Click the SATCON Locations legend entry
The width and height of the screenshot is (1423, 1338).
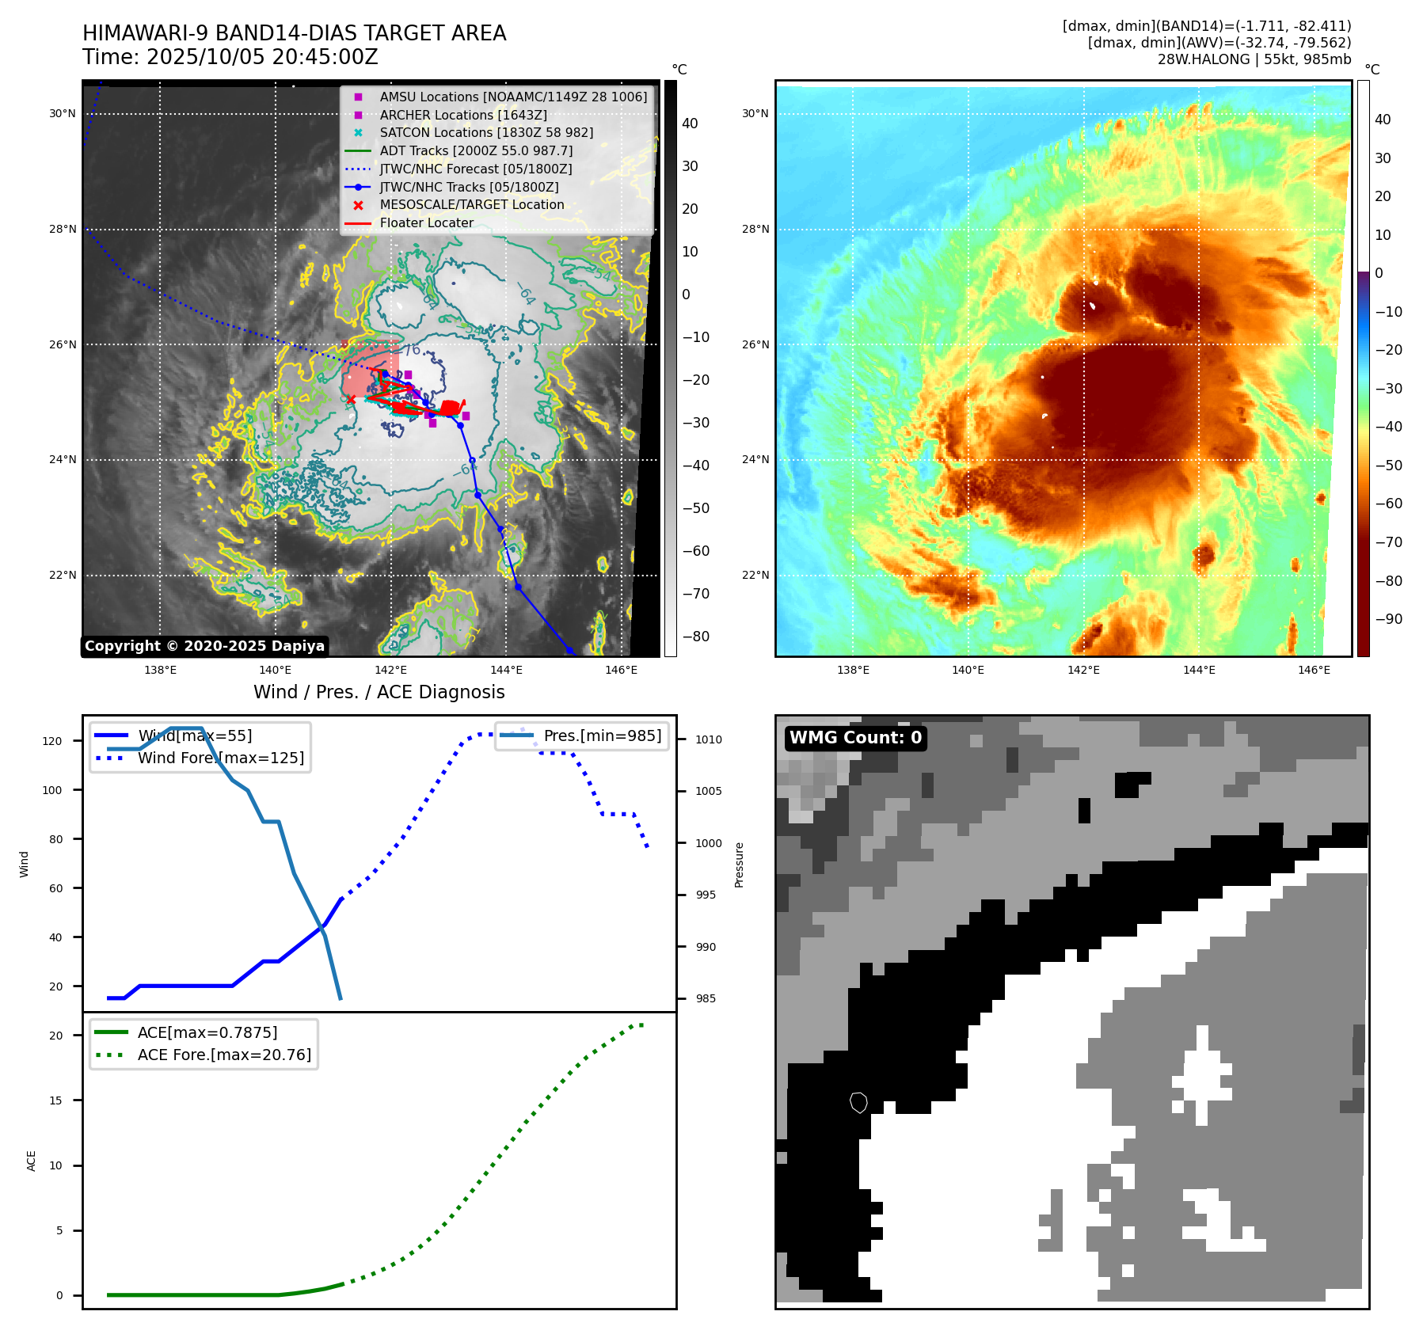click(486, 133)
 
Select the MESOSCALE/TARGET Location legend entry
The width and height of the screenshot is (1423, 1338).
click(472, 205)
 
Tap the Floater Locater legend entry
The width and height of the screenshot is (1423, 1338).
click(426, 223)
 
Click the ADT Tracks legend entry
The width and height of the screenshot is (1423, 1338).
click(476, 151)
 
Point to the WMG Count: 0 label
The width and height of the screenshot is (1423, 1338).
click(855, 738)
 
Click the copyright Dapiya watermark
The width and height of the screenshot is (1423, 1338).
click(204, 646)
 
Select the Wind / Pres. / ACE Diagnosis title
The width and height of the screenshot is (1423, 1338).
click(379, 692)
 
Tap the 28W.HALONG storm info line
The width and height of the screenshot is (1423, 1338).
click(1254, 59)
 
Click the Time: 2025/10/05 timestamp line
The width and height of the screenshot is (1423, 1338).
click(230, 58)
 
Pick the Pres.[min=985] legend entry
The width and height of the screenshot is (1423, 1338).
click(602, 736)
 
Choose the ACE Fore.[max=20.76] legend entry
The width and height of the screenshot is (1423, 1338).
click(224, 1055)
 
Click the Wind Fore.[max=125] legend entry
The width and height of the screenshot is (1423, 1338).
click(220, 758)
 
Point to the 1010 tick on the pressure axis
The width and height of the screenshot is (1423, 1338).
click(709, 739)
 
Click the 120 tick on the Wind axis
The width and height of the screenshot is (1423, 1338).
click(52, 741)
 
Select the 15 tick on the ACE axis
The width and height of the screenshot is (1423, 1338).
click(55, 1100)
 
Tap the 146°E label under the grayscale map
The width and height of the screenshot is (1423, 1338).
click(621, 670)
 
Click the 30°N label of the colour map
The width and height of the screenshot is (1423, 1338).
click(755, 114)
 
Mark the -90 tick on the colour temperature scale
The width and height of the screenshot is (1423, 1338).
click(1388, 619)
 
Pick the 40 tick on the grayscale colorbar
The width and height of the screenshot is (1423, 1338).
click(690, 124)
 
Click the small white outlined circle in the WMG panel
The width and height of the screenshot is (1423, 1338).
click(858, 1102)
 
